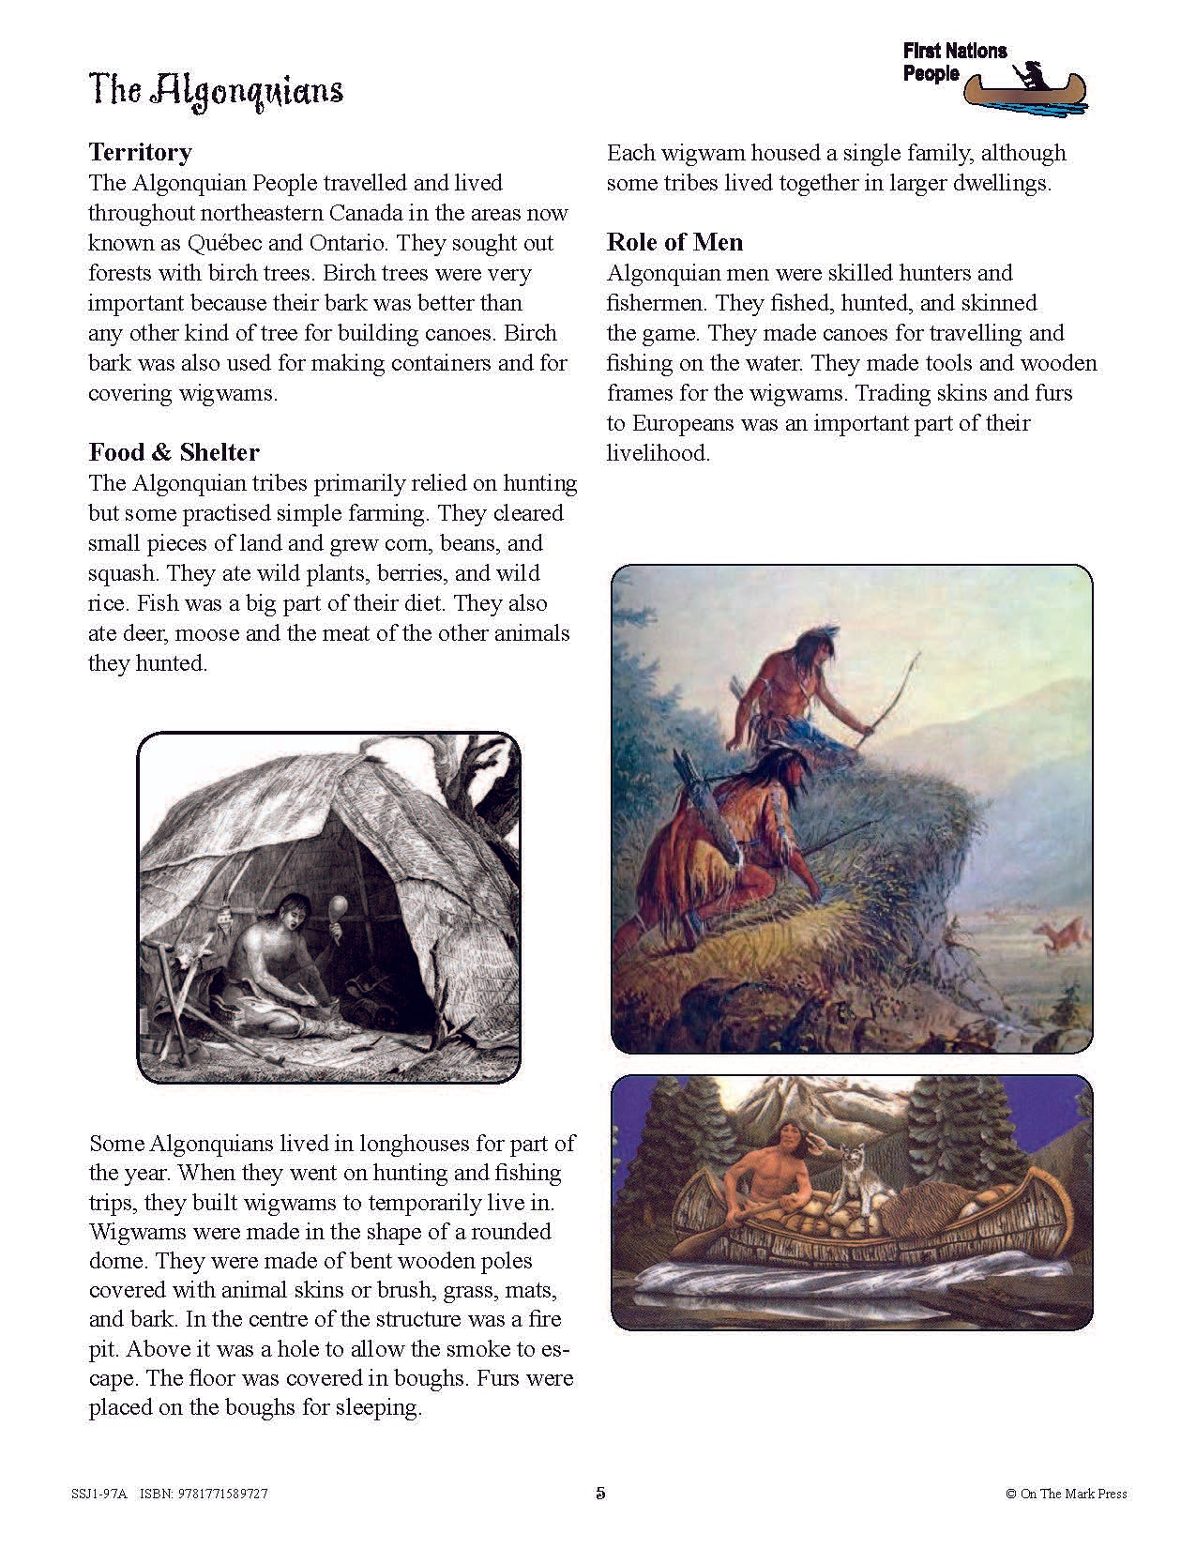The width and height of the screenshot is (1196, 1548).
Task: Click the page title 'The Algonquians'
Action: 216,91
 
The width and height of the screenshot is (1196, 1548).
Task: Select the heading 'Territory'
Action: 140,152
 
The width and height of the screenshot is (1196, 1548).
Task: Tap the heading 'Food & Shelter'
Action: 174,452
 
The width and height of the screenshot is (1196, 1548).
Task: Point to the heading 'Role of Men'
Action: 674,242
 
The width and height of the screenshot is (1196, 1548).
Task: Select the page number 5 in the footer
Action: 600,1494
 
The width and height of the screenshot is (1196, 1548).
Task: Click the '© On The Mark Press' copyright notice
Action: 1066,1494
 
